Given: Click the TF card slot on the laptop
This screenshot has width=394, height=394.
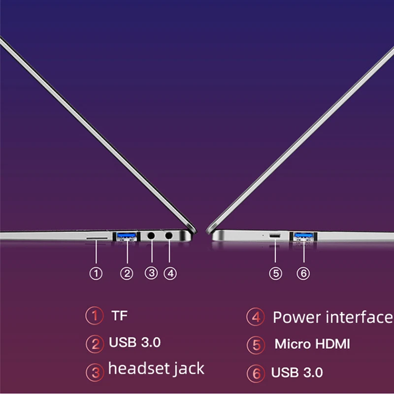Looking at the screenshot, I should pos(98,237).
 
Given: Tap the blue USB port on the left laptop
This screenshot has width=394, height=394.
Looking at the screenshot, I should pos(127,236).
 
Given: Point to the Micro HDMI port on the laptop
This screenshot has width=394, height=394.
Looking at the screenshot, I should pos(275,236).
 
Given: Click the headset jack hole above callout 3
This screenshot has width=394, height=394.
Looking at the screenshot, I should pos(152,236).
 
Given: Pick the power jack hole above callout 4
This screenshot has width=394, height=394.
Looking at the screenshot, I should pos(169,236).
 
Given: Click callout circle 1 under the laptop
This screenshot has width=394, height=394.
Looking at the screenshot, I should pos(97,273).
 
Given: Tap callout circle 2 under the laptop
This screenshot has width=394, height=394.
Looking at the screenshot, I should pos(127,273).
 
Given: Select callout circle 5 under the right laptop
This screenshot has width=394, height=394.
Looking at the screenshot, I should pos(275,273).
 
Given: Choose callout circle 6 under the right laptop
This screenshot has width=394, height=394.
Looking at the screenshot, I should pos(304,273).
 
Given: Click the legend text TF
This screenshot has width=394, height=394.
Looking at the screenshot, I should pos(119,315).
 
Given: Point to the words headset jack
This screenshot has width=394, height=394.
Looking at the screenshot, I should pos(156,368).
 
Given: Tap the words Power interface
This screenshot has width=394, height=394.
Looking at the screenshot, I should pos(333,317).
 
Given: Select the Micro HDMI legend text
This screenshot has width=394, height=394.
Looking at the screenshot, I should pos(312,343).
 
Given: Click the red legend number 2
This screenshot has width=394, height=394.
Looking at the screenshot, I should pos(95,343).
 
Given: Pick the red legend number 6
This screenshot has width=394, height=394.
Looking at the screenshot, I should pos(256,373).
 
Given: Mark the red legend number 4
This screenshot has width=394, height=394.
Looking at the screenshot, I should pos(256,316).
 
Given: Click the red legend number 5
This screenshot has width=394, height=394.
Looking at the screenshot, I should pos(256,344).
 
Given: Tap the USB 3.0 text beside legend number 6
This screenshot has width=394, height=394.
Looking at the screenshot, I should pos(297,373).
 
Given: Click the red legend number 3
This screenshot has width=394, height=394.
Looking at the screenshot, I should pos(95,372).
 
